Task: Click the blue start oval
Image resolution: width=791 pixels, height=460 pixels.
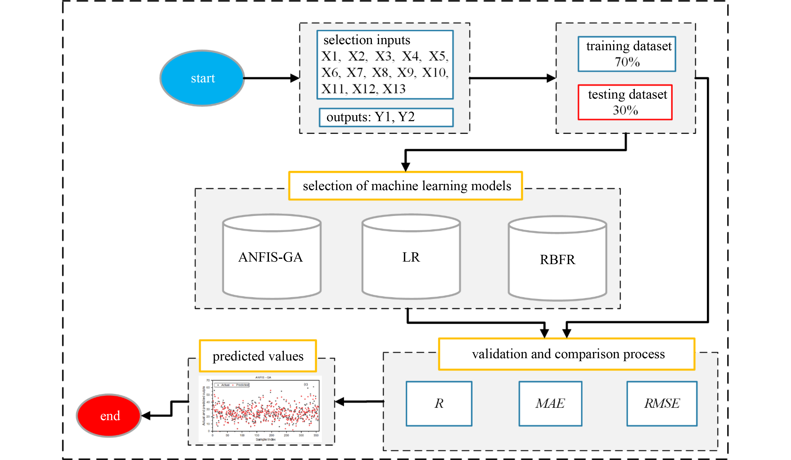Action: pyautogui.click(x=202, y=78)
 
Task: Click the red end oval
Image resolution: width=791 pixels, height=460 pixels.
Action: pyautogui.click(x=109, y=415)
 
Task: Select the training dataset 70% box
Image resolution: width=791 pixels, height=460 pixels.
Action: pyautogui.click(x=627, y=54)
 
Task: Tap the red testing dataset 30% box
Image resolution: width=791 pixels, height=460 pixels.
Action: pyautogui.click(x=625, y=102)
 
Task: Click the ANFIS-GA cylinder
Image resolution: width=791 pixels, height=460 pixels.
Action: pyautogui.click(x=271, y=257)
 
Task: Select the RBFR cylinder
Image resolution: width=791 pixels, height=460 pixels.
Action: pyautogui.click(x=557, y=259)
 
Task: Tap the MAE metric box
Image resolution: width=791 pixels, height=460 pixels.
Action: pyautogui.click(x=550, y=403)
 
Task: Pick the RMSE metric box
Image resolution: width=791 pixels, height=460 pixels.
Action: pyautogui.click(x=662, y=403)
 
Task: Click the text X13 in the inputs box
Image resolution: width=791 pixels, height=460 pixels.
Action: pyautogui.click(x=394, y=89)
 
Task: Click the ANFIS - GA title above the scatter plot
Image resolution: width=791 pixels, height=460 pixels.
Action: pyautogui.click(x=263, y=377)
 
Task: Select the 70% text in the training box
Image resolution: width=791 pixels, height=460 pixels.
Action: pyautogui.click(x=627, y=62)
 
